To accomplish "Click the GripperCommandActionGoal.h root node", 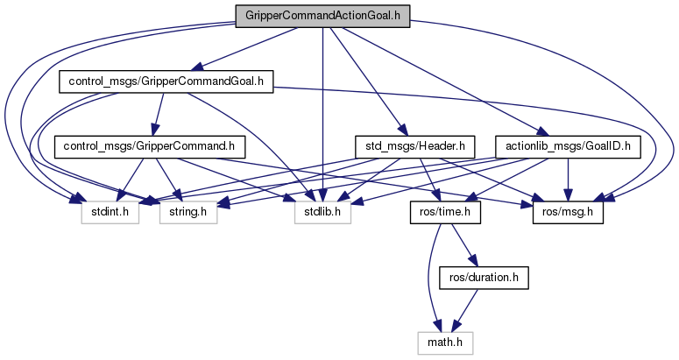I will click(322, 15).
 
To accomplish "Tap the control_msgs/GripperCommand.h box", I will click(148, 146).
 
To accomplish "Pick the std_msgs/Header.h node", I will click(414, 146).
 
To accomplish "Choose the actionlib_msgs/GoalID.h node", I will click(563, 146).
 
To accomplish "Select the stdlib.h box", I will click(322, 211).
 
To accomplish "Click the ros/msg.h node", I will click(569, 211).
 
